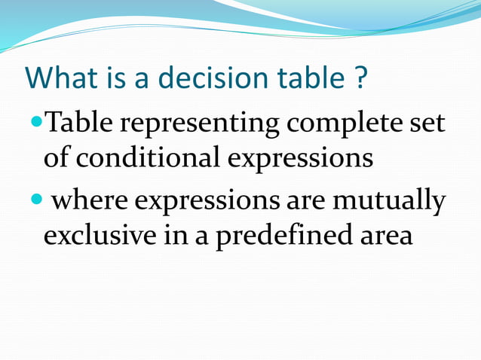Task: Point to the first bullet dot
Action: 38,121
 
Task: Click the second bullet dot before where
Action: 38,200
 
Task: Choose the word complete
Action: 338,123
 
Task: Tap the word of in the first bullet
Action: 57,157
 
